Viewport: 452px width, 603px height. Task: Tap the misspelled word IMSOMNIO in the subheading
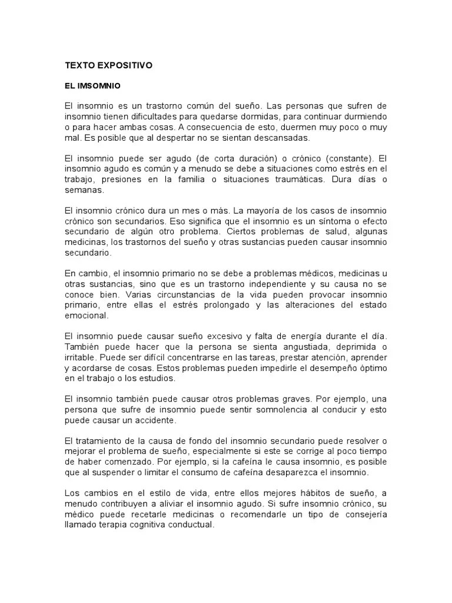tap(101, 86)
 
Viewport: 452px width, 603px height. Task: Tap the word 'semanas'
tap(84, 191)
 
